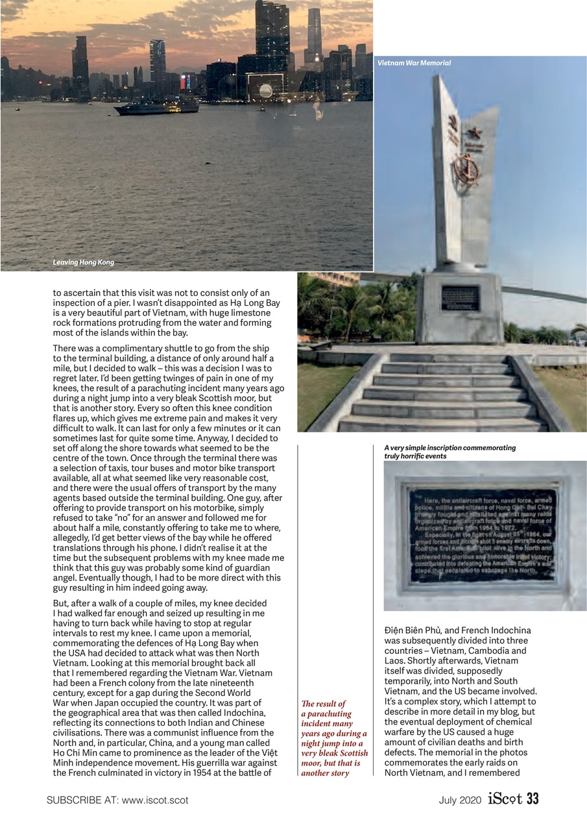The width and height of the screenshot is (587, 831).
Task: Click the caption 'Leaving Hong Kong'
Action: coord(83,262)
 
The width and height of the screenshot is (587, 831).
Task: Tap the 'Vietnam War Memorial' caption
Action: coord(414,63)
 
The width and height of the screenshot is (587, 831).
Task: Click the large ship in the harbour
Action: coord(156,108)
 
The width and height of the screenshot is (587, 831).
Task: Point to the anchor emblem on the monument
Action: coord(465,169)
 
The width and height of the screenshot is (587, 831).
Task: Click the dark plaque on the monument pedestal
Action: coord(460,298)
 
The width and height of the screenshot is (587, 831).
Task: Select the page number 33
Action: coord(533,800)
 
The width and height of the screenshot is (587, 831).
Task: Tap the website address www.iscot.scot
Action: coord(155,800)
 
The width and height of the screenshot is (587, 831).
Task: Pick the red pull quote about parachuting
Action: coord(334,738)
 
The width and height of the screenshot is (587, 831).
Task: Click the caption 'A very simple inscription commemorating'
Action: coord(449,448)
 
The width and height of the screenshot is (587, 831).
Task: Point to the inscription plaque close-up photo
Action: coord(485,536)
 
